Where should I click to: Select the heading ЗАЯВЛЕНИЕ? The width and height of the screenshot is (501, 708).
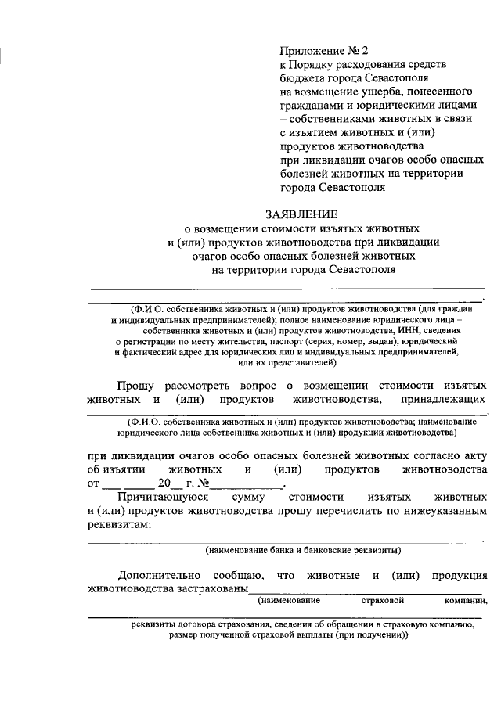[301, 214]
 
